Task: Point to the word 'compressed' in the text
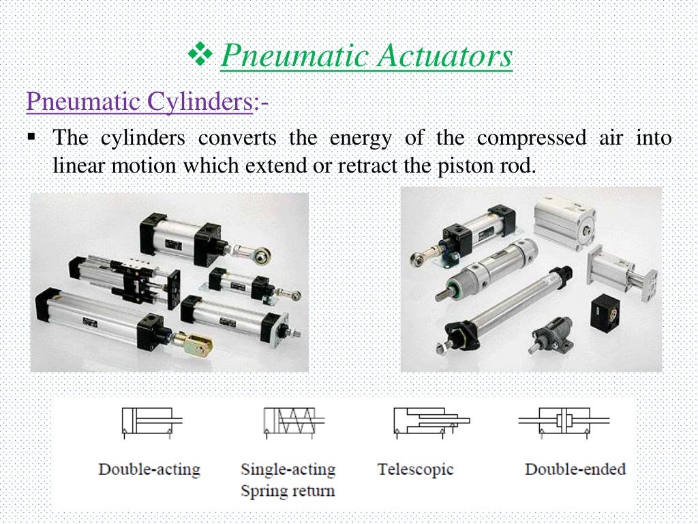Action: click(531, 139)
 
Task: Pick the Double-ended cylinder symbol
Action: click(564, 421)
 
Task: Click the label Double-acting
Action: click(149, 470)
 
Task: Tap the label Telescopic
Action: click(415, 470)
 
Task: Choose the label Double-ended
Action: click(575, 470)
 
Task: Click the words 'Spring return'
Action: click(287, 491)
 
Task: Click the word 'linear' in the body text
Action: click(76, 166)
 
